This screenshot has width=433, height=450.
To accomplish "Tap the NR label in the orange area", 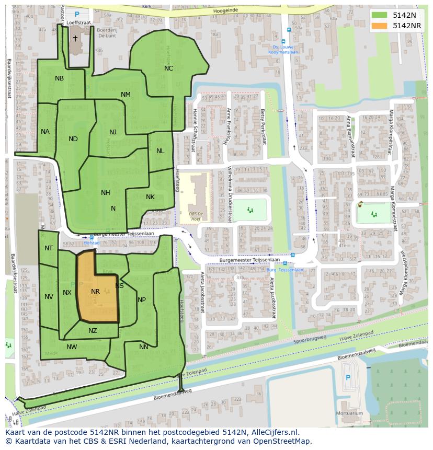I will coord(95,292).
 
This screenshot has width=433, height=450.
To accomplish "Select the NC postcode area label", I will coord(168,68).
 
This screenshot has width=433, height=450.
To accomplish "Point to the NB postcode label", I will coord(59,78).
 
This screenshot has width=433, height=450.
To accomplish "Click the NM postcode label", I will coord(126,95).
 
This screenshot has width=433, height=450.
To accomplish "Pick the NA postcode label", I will coord(45,132).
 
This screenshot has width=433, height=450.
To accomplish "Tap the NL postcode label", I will coord(160,151).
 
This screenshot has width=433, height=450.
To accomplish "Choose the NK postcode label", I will coord(150,197).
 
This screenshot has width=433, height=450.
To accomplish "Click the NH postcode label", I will coord(106,193).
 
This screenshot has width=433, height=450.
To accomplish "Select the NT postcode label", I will coord(49,248).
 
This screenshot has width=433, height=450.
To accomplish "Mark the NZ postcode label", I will coord(93,331).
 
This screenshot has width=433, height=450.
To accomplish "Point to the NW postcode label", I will coord(72,347).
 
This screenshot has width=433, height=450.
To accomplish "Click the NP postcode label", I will coord(142,300).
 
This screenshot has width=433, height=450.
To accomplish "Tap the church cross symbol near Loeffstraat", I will coord(75,39).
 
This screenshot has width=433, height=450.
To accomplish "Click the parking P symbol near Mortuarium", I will coord(349,378).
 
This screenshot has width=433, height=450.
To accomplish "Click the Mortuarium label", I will coord(350,413).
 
